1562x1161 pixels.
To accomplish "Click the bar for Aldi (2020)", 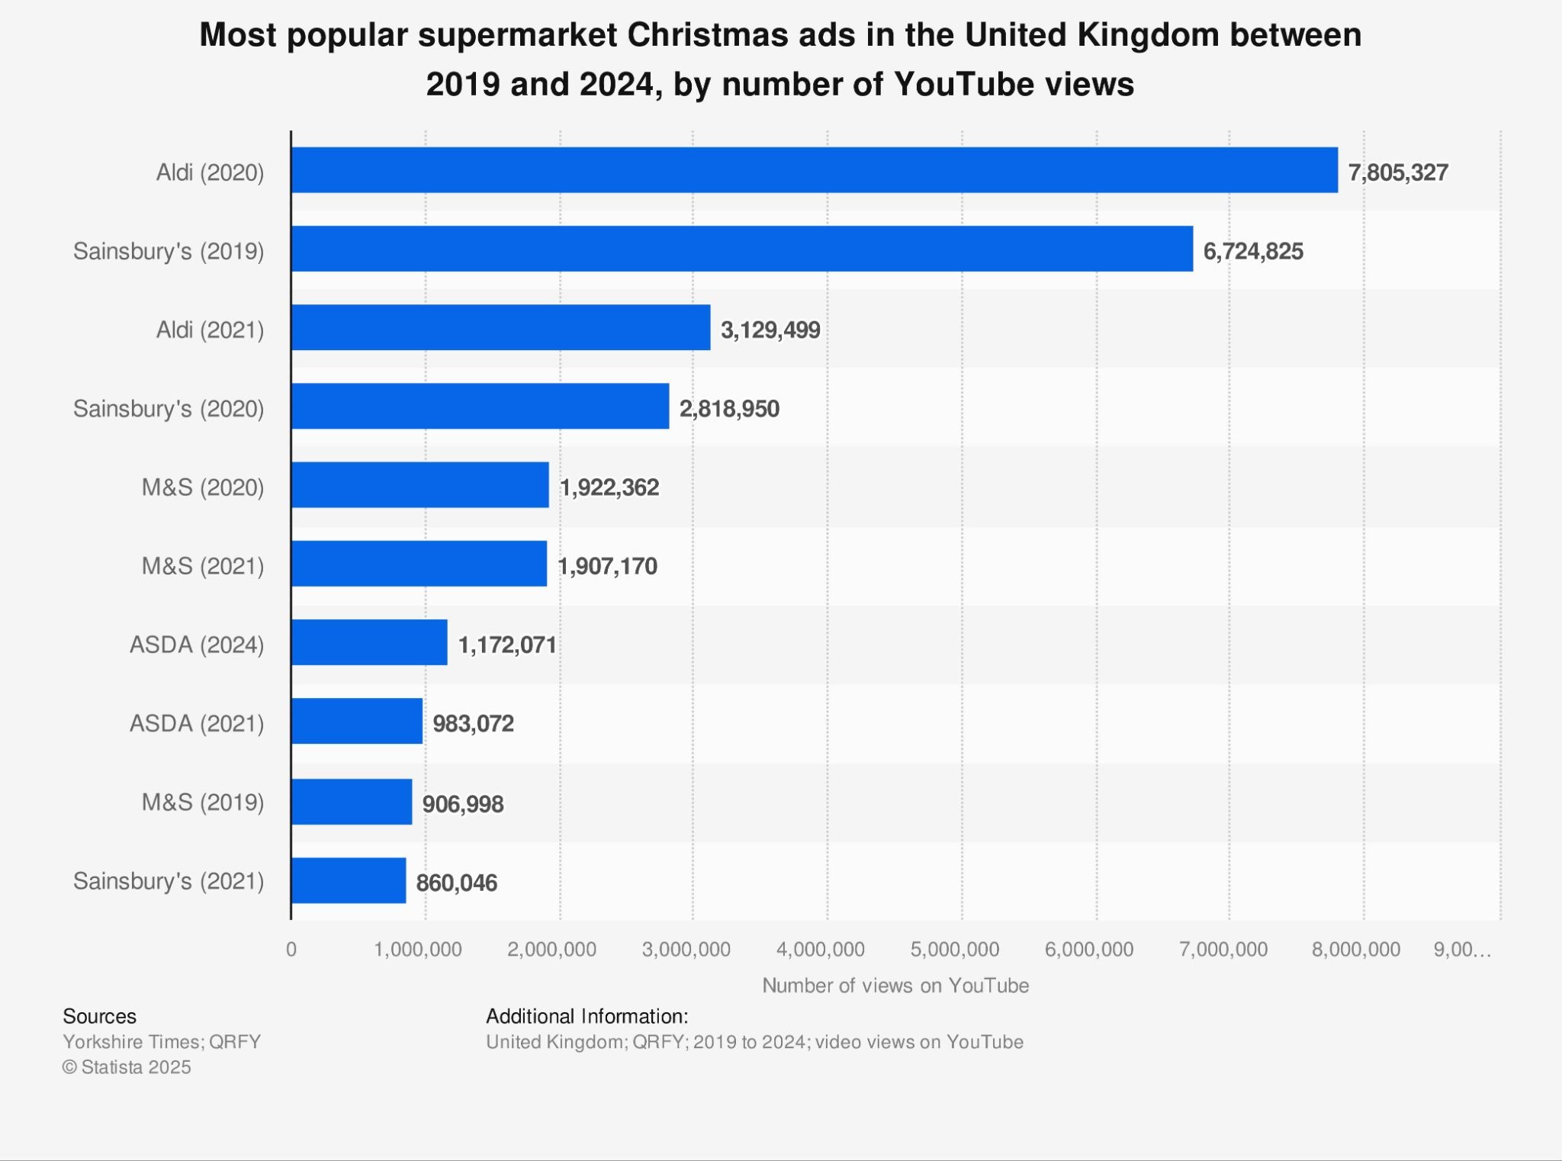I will point(814,170).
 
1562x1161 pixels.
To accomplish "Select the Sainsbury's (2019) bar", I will point(741,249).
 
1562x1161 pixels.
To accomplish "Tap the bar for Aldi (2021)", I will point(500,327).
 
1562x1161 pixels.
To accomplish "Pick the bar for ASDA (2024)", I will point(369,642).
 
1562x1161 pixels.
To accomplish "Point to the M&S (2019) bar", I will point(352,802).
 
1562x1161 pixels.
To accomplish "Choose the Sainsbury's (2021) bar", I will point(349,880).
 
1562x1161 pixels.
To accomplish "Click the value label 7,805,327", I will point(1397,173).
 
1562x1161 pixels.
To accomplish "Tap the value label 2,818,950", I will point(728,409).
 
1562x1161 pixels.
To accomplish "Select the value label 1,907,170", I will point(607,566).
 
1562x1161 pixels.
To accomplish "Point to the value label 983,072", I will point(473,723).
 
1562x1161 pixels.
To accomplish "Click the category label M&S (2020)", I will point(203,487).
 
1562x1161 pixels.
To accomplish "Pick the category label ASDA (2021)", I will point(197,723).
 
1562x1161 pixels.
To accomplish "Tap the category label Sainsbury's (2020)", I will point(169,409).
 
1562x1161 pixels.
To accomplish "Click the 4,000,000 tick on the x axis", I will point(820,950).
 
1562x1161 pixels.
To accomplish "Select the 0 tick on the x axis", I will point(291,950).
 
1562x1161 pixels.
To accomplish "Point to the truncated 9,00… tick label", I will point(1461,950).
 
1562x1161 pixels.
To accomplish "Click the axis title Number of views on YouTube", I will point(895,986).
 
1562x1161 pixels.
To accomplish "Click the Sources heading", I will point(99,1016).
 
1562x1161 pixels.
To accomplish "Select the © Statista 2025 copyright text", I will point(127,1067).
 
